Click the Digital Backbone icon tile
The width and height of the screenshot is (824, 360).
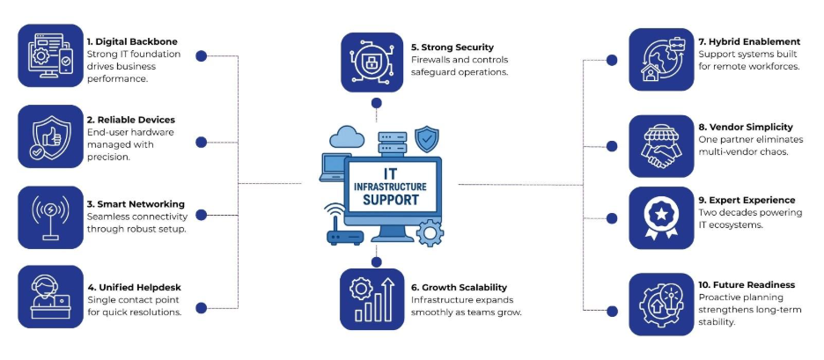click(x=50, y=55)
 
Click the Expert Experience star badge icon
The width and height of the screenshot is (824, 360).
click(x=661, y=217)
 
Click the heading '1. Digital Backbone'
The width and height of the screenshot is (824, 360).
click(x=130, y=41)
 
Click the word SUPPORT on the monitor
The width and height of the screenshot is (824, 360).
click(x=389, y=201)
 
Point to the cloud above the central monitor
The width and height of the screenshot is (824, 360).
click(x=346, y=136)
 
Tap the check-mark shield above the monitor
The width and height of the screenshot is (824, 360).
click(x=427, y=138)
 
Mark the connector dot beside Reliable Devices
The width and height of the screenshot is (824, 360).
click(x=201, y=141)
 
